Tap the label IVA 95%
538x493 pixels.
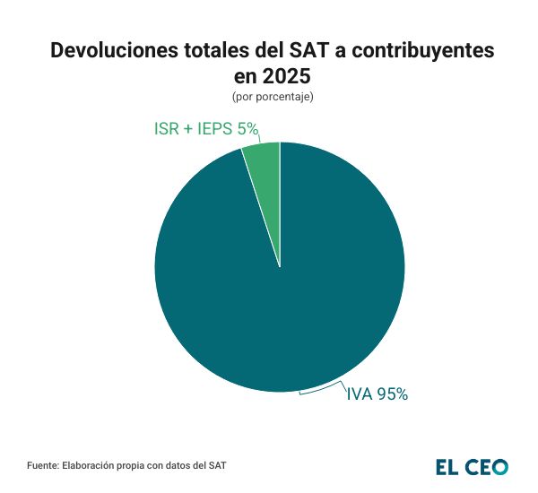tap(377, 394)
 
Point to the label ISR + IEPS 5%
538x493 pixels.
tap(206, 129)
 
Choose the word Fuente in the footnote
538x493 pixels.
tap(42, 466)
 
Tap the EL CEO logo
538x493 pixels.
tap(472, 467)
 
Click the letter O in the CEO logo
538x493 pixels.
tap(499, 467)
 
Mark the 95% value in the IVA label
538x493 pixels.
tap(393, 394)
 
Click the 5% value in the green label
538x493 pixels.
tap(247, 129)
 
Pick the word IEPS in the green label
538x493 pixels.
tap(214, 129)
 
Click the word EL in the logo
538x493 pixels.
tap(447, 467)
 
